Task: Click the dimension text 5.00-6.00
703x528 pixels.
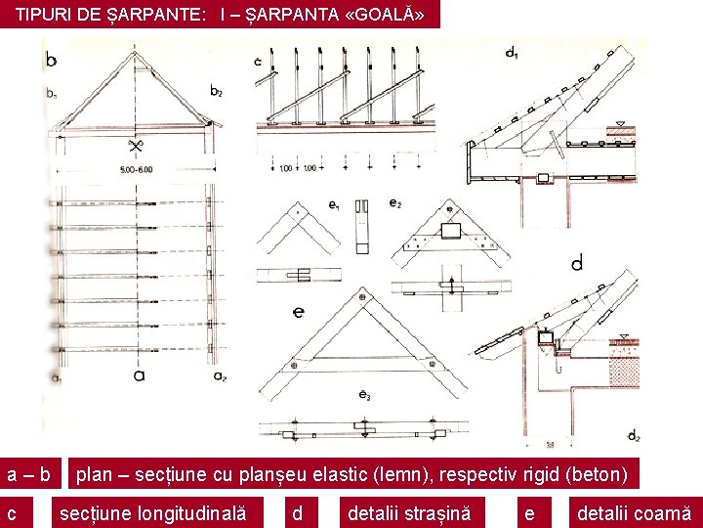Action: tap(138, 170)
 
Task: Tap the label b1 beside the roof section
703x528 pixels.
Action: tap(51, 94)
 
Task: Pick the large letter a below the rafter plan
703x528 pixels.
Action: tap(139, 373)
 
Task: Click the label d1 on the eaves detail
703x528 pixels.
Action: tap(512, 52)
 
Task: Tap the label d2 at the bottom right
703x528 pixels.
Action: tap(633, 435)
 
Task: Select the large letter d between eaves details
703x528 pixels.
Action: tap(577, 262)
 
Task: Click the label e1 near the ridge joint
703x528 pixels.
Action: tap(335, 205)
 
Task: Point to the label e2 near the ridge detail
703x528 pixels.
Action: tap(394, 203)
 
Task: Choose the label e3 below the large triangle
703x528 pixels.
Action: tap(363, 395)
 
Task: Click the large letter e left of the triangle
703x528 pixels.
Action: tap(298, 312)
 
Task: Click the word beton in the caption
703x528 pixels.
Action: tap(600, 475)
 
